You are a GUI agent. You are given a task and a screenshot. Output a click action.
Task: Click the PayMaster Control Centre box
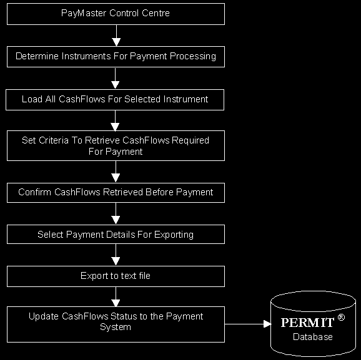(x=116, y=14)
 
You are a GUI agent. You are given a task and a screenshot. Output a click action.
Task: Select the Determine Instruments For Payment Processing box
(x=116, y=57)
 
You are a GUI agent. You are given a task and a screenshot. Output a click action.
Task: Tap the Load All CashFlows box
(x=115, y=100)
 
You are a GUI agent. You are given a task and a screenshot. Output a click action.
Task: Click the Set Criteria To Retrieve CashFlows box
(x=116, y=145)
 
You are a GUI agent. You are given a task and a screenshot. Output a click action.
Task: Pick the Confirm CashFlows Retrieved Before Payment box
(x=116, y=193)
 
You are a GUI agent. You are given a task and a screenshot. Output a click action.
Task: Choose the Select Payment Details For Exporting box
(x=116, y=234)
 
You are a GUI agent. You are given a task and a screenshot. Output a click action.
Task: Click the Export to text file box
(x=116, y=276)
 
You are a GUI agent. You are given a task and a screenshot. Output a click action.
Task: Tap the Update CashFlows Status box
(x=116, y=324)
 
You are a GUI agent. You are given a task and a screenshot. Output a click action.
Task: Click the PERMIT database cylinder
(x=313, y=324)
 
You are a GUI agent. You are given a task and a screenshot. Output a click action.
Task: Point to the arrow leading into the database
(x=248, y=324)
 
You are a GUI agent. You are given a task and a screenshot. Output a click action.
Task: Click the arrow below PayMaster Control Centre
(x=116, y=36)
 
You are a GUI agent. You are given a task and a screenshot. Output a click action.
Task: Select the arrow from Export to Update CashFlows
(x=116, y=297)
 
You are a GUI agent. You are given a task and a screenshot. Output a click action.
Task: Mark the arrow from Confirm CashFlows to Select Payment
(x=116, y=214)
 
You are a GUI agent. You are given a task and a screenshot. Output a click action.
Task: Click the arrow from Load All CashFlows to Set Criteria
(x=115, y=120)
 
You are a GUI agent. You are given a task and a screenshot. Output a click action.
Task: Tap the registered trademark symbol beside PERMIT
(x=341, y=318)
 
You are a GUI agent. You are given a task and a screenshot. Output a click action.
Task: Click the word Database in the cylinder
(x=313, y=337)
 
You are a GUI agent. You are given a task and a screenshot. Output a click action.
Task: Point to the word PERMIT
(x=307, y=323)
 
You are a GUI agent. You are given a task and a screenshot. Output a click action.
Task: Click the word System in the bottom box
(x=116, y=327)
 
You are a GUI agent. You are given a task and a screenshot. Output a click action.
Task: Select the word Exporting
(x=174, y=235)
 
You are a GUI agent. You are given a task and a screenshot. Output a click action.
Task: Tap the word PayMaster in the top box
(x=84, y=13)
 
